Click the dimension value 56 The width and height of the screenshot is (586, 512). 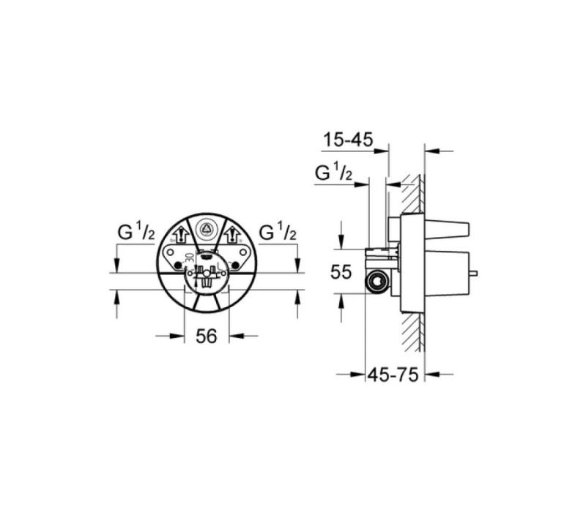click(207, 336)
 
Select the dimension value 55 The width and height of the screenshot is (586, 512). click(341, 271)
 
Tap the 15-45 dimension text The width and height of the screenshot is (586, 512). click(348, 140)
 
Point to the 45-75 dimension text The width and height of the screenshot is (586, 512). click(393, 374)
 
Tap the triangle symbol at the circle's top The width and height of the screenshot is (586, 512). click(206, 227)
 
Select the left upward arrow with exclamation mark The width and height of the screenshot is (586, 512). click(182, 235)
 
